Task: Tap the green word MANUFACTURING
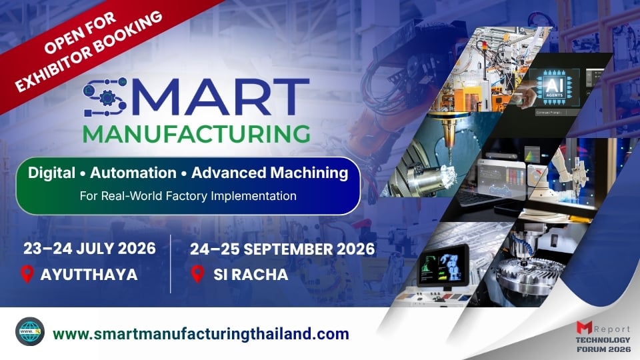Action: tap(196, 133)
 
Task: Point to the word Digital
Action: tap(51, 173)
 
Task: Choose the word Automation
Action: tap(133, 173)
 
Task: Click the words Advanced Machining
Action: tap(269, 173)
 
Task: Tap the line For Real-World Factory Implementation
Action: tap(188, 196)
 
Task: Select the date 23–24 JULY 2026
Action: tap(89, 249)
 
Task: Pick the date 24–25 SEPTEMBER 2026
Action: tap(283, 249)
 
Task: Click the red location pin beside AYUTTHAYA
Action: tap(27, 274)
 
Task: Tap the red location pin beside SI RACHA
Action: tap(197, 274)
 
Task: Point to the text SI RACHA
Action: tap(251, 274)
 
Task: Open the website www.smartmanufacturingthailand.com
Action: tap(200, 333)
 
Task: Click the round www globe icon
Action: tap(30, 332)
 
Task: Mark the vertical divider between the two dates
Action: tap(171, 263)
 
